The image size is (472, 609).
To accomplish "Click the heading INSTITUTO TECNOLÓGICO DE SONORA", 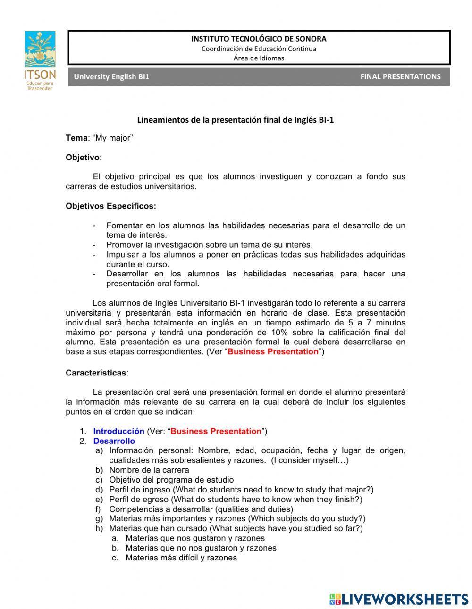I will [258, 39].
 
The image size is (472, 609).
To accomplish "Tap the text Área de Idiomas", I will [259, 58].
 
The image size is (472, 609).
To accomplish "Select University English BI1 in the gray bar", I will [111, 76].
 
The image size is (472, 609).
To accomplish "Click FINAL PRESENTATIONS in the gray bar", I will [400, 76].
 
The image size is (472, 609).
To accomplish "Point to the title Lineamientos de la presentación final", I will [235, 120].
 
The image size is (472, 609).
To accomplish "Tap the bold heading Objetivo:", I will [84, 157].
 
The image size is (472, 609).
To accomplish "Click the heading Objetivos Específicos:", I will [111, 206].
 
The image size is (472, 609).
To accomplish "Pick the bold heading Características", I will [96, 373].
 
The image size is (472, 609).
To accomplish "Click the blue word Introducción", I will [118, 431].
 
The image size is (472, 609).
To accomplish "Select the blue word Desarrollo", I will [114, 441].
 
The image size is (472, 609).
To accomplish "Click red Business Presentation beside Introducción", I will [216, 431].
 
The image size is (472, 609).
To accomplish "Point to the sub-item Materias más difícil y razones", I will [181, 558].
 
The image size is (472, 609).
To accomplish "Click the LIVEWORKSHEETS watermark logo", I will [399, 599].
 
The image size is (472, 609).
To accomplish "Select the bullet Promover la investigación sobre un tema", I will [209, 244].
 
